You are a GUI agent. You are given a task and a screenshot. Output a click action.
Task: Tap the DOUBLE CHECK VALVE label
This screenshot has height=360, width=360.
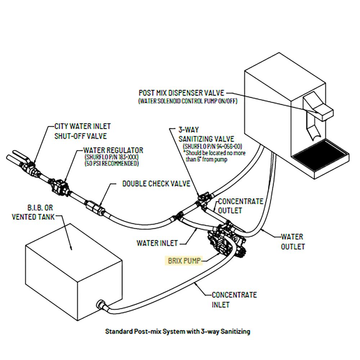pos(156,184)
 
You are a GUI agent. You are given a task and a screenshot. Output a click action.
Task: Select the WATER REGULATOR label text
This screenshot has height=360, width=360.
pos(113,150)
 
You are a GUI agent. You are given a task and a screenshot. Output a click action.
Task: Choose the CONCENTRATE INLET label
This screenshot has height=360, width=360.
pos(234,300)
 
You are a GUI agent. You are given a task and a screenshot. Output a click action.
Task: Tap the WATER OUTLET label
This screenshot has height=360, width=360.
pos(292,242)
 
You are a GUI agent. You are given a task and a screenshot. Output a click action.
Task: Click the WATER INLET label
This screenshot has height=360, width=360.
pos(157,243)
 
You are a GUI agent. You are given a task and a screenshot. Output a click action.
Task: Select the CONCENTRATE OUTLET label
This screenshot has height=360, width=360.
pos(240,206)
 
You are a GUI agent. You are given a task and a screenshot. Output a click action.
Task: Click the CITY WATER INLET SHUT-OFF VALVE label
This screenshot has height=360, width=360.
pos(82,131)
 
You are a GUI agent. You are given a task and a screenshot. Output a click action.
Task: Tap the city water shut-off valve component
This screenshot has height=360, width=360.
pos(29,166)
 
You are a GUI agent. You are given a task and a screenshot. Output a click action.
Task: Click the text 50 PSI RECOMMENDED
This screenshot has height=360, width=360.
pos(111,164)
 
